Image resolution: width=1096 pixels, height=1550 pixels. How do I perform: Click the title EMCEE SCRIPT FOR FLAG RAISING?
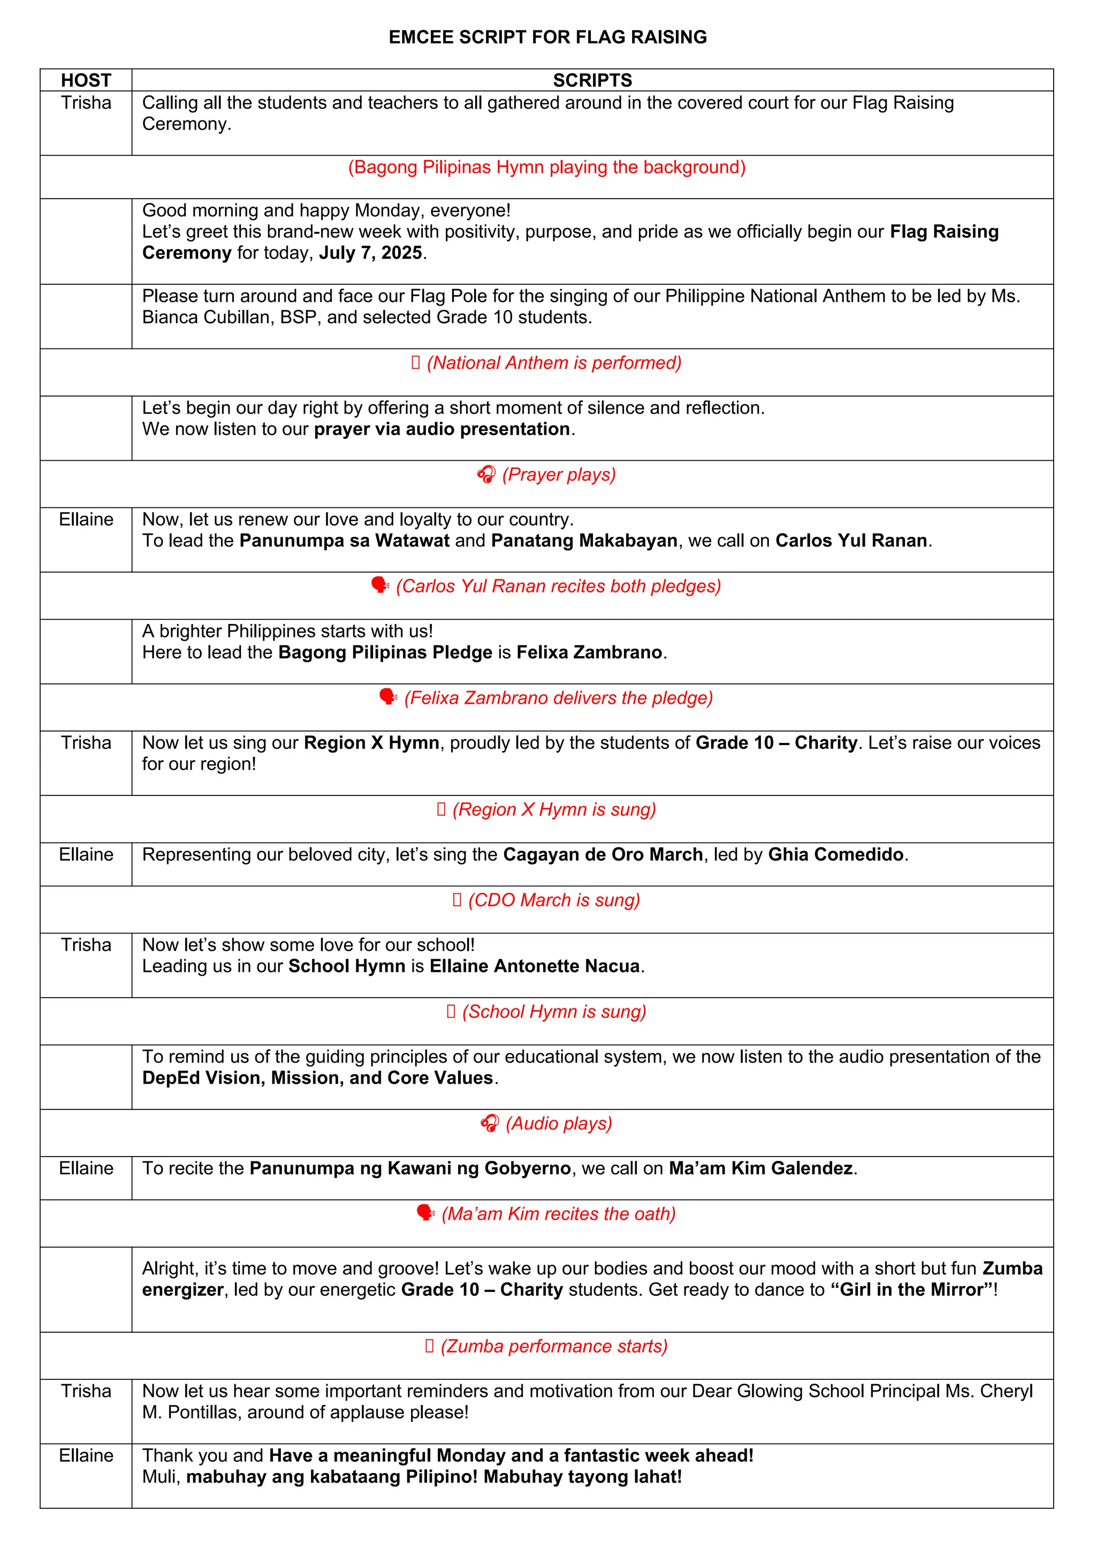pyautogui.click(x=547, y=37)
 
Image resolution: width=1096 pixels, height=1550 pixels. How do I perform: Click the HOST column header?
pyautogui.click(x=86, y=80)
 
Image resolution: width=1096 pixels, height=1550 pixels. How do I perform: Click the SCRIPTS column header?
pyautogui.click(x=592, y=80)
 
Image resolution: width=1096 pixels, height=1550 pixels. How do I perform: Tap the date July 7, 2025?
pyautogui.click(x=370, y=253)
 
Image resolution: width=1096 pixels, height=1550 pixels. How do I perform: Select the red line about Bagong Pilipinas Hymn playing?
pyautogui.click(x=546, y=168)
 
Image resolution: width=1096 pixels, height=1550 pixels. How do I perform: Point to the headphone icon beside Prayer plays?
pyautogui.click(x=486, y=475)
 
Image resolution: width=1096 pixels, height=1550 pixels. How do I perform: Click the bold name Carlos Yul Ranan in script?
pyautogui.click(x=851, y=541)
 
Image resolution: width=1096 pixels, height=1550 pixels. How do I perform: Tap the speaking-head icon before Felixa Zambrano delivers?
pyautogui.click(x=388, y=697)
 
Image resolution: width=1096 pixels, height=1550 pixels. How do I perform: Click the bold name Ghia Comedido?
pyautogui.click(x=835, y=855)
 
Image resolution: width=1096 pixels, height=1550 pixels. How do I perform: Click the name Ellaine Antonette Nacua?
pyautogui.click(x=535, y=966)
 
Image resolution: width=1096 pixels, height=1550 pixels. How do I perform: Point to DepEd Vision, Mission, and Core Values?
pyautogui.click(x=317, y=1078)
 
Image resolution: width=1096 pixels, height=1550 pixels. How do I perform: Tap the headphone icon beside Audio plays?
pyautogui.click(x=489, y=1123)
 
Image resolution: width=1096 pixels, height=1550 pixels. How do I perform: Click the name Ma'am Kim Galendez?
pyautogui.click(x=760, y=1168)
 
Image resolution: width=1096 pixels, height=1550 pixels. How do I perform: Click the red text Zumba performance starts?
pyautogui.click(x=554, y=1346)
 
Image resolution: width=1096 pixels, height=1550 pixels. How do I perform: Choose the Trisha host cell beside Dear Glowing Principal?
pyautogui.click(x=86, y=1392)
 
